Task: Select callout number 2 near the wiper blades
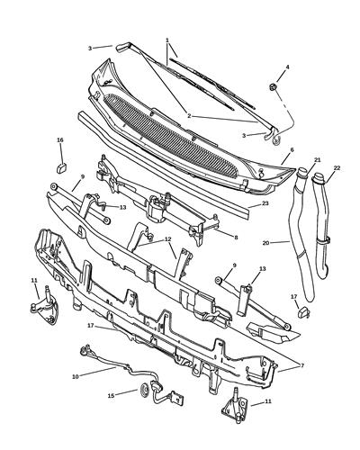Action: (x=189, y=116)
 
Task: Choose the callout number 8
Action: (x=236, y=238)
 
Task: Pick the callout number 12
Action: (x=166, y=239)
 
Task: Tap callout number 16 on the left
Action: (x=60, y=140)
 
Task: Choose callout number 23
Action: (x=265, y=204)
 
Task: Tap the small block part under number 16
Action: (x=60, y=165)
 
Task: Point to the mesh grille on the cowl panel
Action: (x=180, y=134)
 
